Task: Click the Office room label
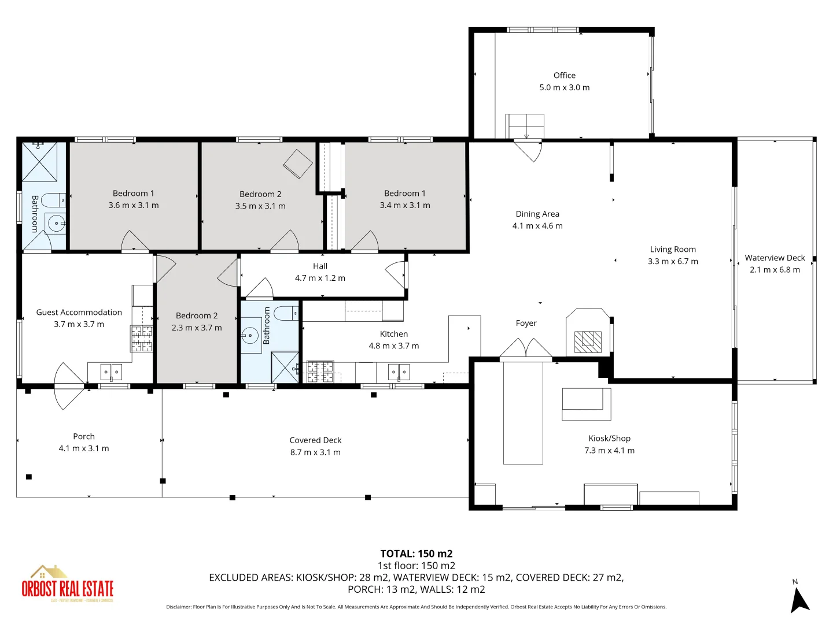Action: point(564,75)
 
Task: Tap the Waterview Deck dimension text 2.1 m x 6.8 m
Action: point(775,270)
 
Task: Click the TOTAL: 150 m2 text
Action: point(416,554)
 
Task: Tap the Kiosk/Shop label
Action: point(609,439)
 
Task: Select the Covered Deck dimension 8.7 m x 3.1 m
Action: point(315,452)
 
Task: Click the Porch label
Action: point(84,436)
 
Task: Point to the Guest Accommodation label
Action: point(79,312)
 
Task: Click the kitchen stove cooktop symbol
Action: point(320,372)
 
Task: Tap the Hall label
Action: point(320,266)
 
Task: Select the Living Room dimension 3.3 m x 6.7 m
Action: point(673,261)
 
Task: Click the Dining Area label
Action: point(537,214)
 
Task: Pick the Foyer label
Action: point(526,323)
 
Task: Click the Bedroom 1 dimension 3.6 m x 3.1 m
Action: point(134,205)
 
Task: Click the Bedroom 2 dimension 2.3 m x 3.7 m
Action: point(197,328)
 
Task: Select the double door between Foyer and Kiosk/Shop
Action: point(526,349)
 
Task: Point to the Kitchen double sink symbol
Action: point(399,372)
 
